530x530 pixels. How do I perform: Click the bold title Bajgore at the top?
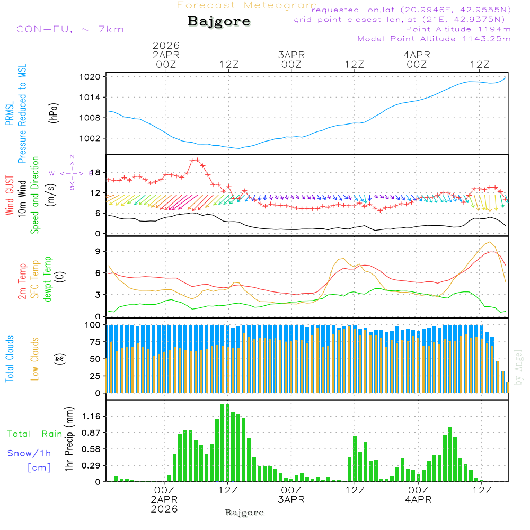[219, 22]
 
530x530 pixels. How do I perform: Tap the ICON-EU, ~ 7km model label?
[68, 29]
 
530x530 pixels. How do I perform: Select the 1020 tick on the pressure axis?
[90, 77]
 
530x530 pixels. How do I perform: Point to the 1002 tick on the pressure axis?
[90, 138]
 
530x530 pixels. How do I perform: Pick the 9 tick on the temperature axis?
[98, 251]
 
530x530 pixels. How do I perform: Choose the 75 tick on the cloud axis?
[94, 342]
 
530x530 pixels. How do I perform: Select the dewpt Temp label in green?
[48, 279]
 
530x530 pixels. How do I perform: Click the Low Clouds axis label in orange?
[36, 358]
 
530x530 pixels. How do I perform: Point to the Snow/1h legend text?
[30, 453]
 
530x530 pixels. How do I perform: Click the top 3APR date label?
[291, 55]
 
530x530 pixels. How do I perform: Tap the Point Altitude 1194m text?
[458, 29]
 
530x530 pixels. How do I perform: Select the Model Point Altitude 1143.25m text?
[434, 39]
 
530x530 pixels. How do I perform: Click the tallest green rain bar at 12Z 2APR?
[227, 443]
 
